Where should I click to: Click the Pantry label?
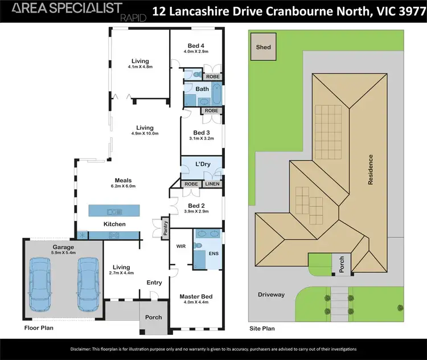(x=166, y=228)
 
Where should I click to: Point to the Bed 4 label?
(x=196, y=45)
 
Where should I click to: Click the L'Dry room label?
(x=203, y=164)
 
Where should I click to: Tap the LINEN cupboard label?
(x=213, y=185)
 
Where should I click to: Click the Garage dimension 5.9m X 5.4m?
(x=63, y=252)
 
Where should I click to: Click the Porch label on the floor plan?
(x=153, y=317)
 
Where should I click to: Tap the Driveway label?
(x=272, y=294)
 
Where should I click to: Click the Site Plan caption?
(x=262, y=329)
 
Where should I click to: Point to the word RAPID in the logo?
(x=134, y=18)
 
